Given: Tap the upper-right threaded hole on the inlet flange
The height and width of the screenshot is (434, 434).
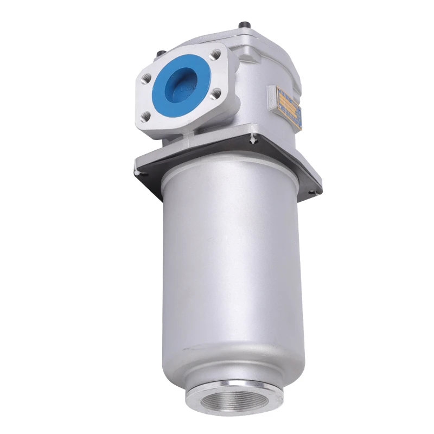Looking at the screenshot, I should coord(217,55).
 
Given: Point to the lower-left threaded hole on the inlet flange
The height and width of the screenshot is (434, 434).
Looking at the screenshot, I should coord(145,115).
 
